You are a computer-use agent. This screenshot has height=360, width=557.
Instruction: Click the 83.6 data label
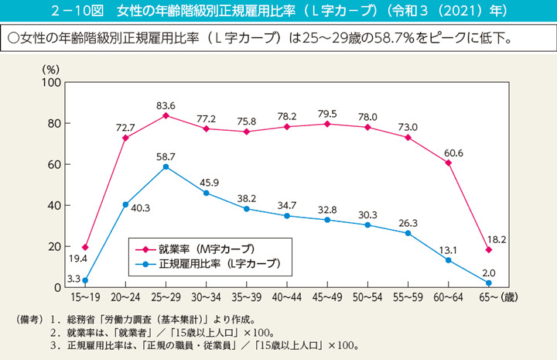tap(166, 105)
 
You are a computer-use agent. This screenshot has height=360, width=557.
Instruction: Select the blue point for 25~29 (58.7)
tap(166, 166)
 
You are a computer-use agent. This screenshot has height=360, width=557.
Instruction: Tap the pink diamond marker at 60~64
tap(448, 163)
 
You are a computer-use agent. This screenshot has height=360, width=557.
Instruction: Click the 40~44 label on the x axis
tap(286, 297)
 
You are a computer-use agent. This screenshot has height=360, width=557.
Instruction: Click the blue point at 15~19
tap(85, 280)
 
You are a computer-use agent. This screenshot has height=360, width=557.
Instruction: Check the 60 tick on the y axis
tap(54, 164)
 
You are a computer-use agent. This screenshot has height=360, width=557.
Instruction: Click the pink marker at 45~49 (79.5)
tap(327, 124)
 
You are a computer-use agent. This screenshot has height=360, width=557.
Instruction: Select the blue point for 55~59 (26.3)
tap(408, 233)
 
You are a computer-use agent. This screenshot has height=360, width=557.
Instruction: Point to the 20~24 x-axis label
tap(125, 297)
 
